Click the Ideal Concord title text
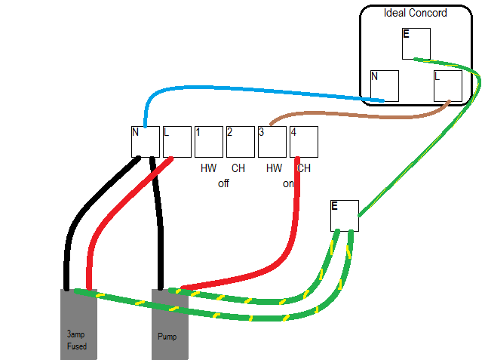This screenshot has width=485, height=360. [415, 13]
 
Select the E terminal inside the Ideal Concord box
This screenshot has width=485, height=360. [416, 44]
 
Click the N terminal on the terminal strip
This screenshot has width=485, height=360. [146, 141]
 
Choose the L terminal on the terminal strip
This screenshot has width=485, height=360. [177, 141]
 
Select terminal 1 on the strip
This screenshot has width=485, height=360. [209, 141]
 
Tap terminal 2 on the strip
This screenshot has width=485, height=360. [241, 141]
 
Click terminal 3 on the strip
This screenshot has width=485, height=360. [272, 141]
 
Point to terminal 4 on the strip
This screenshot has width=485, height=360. [304, 141]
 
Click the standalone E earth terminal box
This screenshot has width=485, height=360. [345, 216]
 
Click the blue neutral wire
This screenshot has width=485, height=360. [249, 90]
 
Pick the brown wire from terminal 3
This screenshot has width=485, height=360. [362, 116]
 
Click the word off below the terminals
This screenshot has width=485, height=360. [223, 183]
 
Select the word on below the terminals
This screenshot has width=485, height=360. [288, 183]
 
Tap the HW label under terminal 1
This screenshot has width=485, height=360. [209, 168]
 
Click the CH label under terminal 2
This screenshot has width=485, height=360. [238, 168]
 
